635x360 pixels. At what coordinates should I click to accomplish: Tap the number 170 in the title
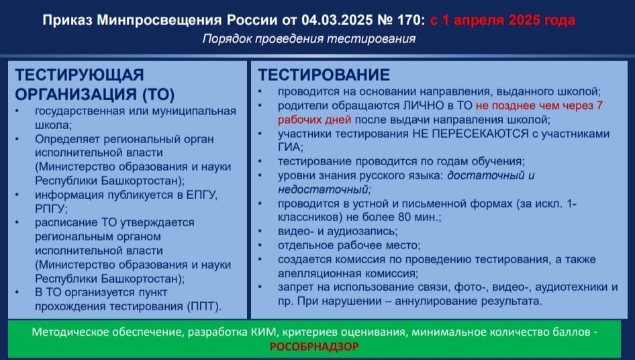coord(408,20)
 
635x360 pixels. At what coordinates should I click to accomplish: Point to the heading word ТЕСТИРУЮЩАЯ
coord(79,75)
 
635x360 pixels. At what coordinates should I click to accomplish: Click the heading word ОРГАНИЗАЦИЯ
coord(76,94)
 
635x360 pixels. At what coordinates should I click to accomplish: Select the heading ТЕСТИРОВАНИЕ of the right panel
coord(324,75)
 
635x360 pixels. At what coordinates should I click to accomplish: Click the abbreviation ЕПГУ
coord(201,195)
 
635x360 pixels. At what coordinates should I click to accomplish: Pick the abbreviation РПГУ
coord(50,209)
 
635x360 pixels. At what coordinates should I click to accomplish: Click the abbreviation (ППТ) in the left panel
coord(204,306)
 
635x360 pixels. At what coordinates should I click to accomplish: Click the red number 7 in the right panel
coord(599,105)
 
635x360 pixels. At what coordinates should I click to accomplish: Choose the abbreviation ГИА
coord(290,147)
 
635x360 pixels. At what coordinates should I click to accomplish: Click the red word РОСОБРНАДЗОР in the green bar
coord(314,347)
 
